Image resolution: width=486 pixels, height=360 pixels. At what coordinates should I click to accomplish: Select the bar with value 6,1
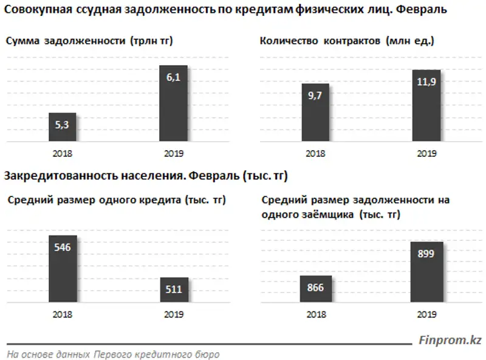[x=173, y=103]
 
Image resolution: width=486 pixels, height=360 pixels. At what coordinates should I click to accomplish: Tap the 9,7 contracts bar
[x=315, y=112]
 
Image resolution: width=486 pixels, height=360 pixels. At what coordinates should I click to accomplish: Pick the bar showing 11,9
[x=426, y=106]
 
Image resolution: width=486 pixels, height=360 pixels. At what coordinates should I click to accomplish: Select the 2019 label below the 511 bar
[x=174, y=314]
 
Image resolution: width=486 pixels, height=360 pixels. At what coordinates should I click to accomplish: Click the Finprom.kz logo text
[x=449, y=340]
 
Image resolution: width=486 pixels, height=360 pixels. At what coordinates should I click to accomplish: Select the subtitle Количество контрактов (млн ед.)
[x=347, y=41]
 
